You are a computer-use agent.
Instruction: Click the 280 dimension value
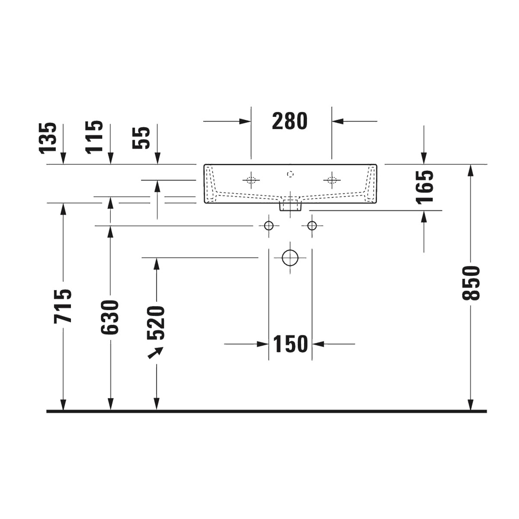(289, 121)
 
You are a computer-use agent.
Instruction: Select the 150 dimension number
(290, 344)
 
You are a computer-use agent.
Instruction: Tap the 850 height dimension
(471, 283)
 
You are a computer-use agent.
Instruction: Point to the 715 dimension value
(63, 306)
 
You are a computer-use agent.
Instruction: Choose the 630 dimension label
(110, 317)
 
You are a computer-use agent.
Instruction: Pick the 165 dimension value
(424, 186)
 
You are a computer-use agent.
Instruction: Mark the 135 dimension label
(48, 138)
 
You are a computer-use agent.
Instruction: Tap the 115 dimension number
(94, 137)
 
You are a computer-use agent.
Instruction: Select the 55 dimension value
(141, 138)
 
